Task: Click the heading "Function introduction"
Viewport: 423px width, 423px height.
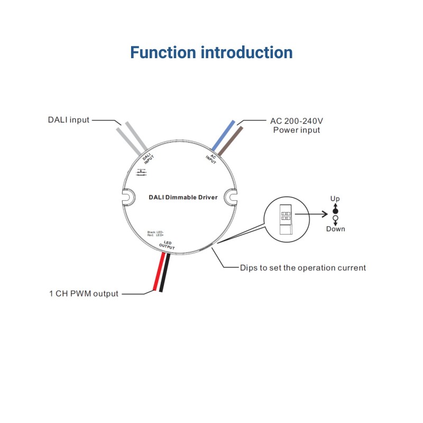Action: click(x=211, y=53)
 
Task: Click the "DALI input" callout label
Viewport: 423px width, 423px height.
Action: click(x=69, y=120)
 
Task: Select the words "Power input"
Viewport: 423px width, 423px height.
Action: click(x=296, y=130)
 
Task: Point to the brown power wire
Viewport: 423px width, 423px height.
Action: click(x=230, y=140)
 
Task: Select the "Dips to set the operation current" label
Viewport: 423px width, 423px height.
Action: click(x=302, y=268)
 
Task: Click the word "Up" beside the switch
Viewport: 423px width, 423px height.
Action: click(x=335, y=199)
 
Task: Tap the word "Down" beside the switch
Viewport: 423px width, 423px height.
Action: click(x=335, y=229)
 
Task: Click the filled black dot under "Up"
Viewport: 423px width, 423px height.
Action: click(x=335, y=210)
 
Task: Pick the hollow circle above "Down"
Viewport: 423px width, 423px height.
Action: click(x=335, y=218)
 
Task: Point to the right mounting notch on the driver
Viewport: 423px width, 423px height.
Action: click(x=231, y=197)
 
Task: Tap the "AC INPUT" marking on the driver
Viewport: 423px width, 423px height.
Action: click(x=211, y=159)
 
